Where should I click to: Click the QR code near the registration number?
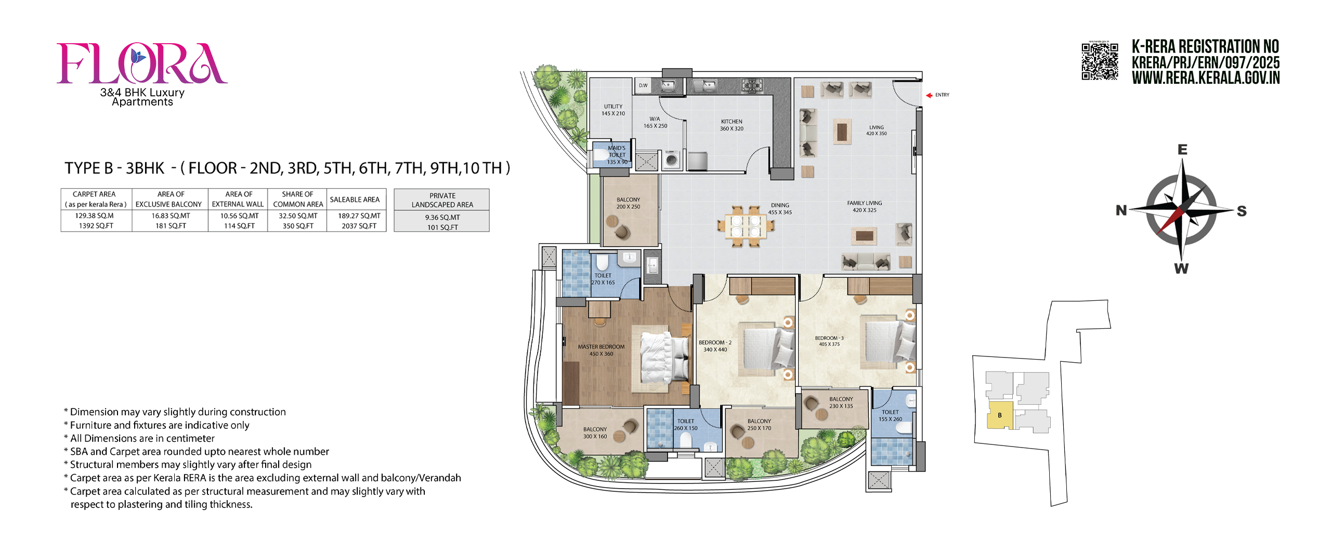pos(1099,61)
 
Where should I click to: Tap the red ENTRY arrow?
pos(929,95)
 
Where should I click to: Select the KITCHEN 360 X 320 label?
pos(732,125)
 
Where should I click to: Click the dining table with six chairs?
pos(745,227)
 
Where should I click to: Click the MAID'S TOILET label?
pos(617,155)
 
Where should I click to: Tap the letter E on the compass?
pos(1182,150)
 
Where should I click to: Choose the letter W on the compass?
pos(1181,269)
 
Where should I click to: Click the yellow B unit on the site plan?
pos(999,415)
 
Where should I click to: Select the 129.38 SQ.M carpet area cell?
pos(94,215)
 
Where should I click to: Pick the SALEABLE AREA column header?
pos(355,199)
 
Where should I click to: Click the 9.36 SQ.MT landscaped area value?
pos(442,218)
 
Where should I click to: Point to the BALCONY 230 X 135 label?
pos(841,402)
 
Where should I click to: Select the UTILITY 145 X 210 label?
pos(613,110)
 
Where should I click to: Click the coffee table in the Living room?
pos(842,131)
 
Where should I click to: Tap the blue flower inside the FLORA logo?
pos(138,55)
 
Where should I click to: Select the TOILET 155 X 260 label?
pos(890,415)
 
